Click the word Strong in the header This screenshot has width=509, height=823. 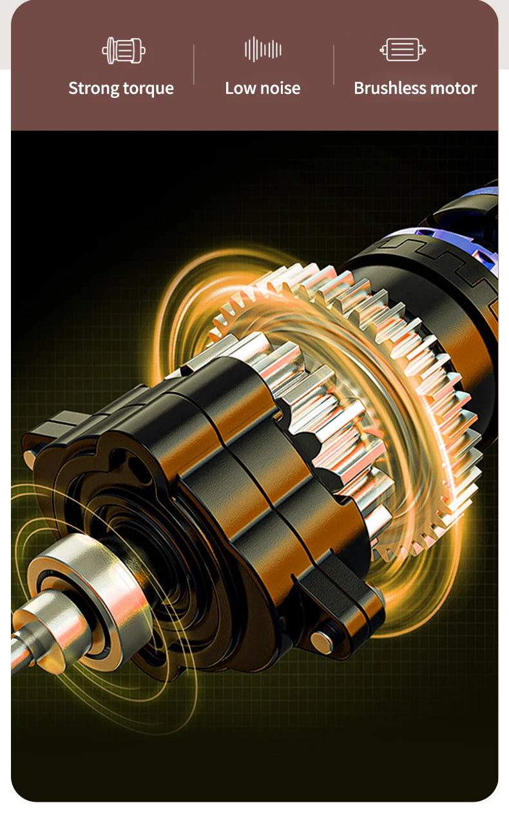93,89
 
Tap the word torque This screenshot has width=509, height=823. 148,89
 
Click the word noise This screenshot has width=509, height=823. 280,88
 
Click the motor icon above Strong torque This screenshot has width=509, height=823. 124,50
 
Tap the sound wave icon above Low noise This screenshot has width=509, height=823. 263,49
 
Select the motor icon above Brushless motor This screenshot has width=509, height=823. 403,50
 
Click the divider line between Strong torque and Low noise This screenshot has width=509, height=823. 194,64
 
